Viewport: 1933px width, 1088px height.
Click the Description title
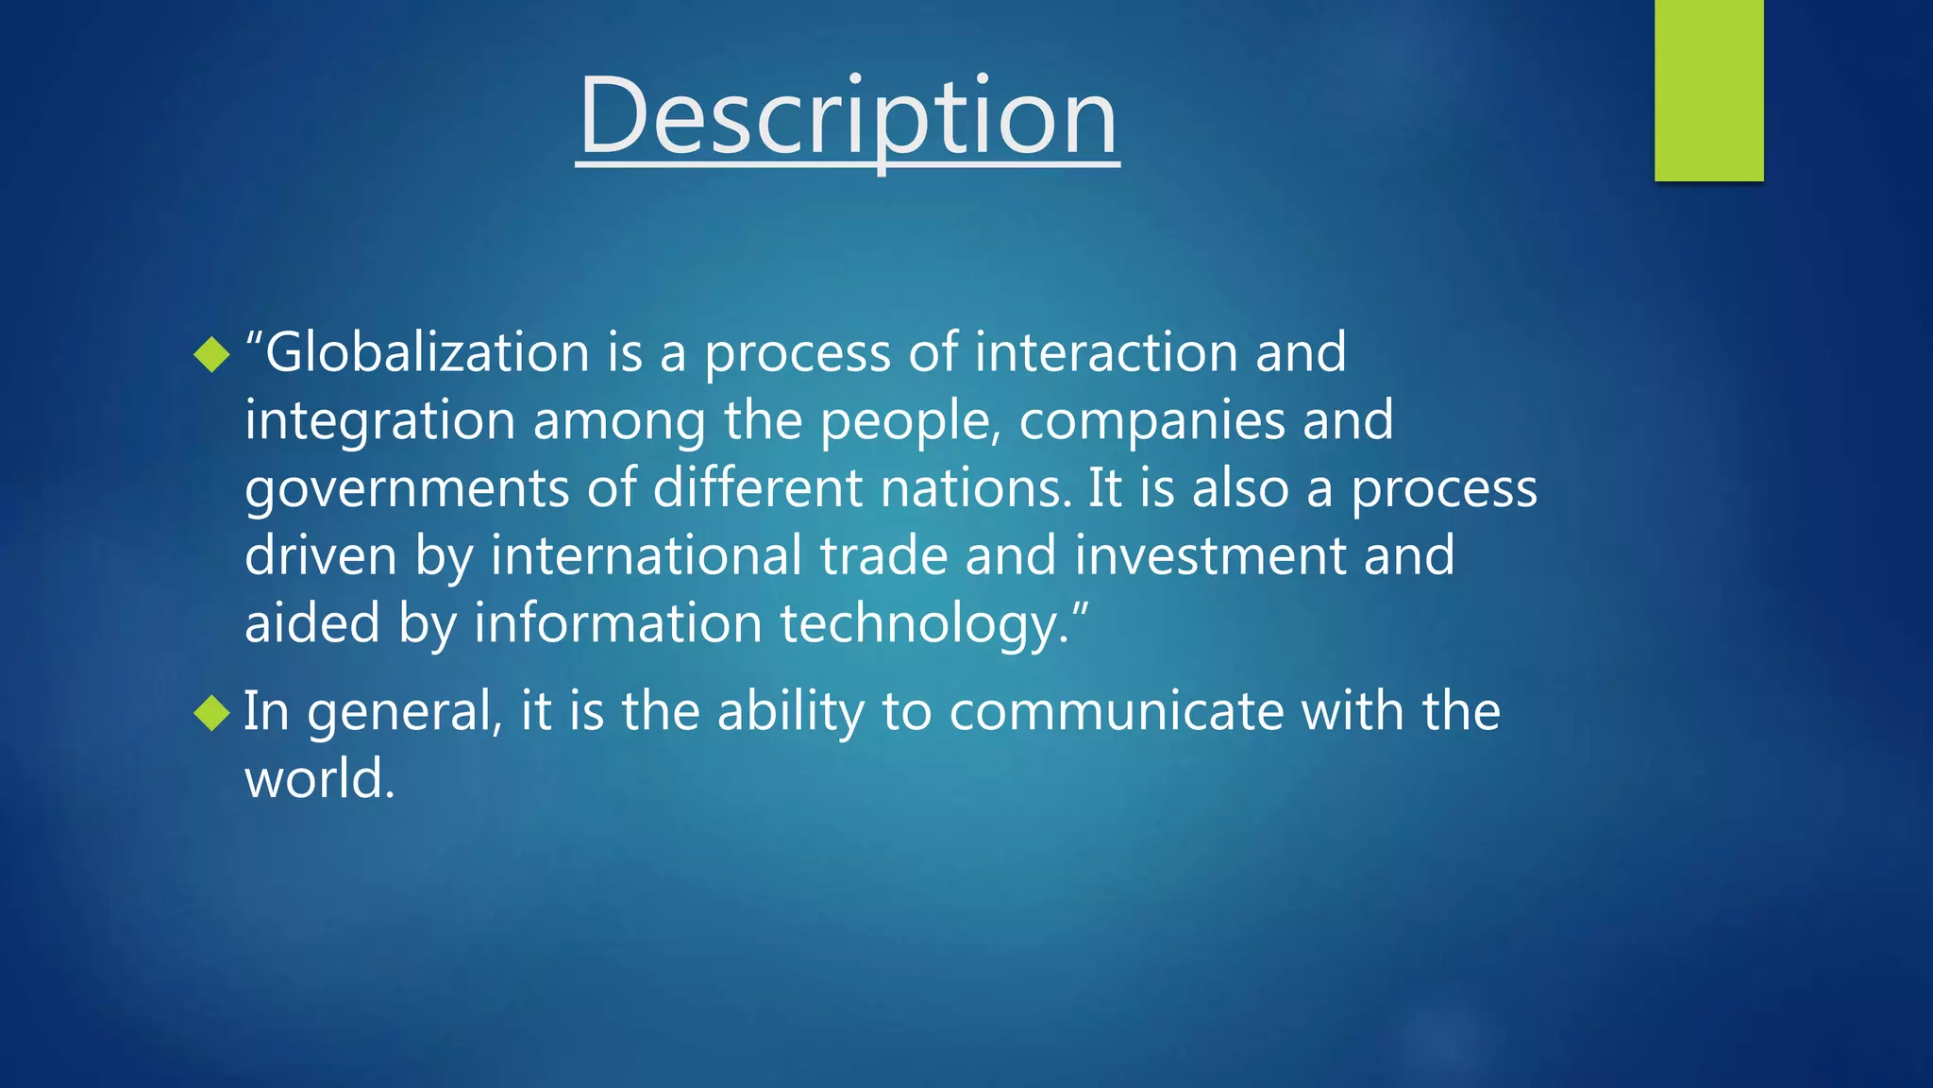(x=848, y=117)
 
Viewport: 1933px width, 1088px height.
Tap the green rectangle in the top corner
(x=1708, y=90)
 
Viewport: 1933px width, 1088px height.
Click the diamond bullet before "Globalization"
(x=211, y=354)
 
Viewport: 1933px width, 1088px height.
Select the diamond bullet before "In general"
(x=211, y=713)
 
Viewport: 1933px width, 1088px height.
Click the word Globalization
(x=428, y=353)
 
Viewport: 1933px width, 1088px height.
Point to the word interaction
(x=1105, y=353)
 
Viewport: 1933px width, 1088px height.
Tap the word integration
(x=379, y=421)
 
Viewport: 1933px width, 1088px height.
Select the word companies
(x=1151, y=421)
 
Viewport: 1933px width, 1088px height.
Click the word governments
(x=406, y=489)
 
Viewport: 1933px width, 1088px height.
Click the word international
(x=646, y=556)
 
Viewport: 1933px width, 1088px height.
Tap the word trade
(x=883, y=556)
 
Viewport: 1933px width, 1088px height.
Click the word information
(x=617, y=625)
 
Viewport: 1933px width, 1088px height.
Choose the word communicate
(x=1116, y=712)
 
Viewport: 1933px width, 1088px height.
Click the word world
(x=319, y=780)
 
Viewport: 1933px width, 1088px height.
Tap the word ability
(x=790, y=712)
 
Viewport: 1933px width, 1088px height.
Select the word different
(x=757, y=489)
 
